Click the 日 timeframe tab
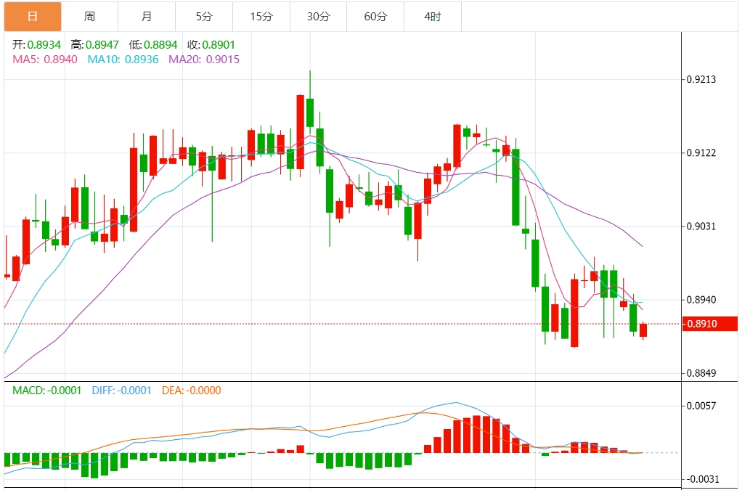[x=33, y=16]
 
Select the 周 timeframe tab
[x=89, y=16]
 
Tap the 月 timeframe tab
[x=147, y=16]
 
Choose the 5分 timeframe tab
[x=204, y=16]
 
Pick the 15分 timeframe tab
[x=261, y=16]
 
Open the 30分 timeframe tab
[x=318, y=16]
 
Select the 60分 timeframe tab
[x=375, y=16]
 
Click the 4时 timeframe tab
[x=432, y=16]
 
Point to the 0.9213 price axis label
[x=701, y=79]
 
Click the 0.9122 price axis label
[x=701, y=153]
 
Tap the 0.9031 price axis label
[x=701, y=226]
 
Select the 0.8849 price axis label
[x=701, y=374]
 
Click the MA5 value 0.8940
[x=61, y=59]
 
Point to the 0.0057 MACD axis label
[x=701, y=406]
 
